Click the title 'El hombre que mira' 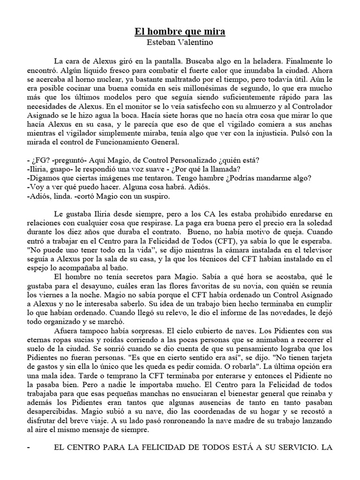click(x=180, y=32)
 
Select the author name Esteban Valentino click(x=180, y=42)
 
